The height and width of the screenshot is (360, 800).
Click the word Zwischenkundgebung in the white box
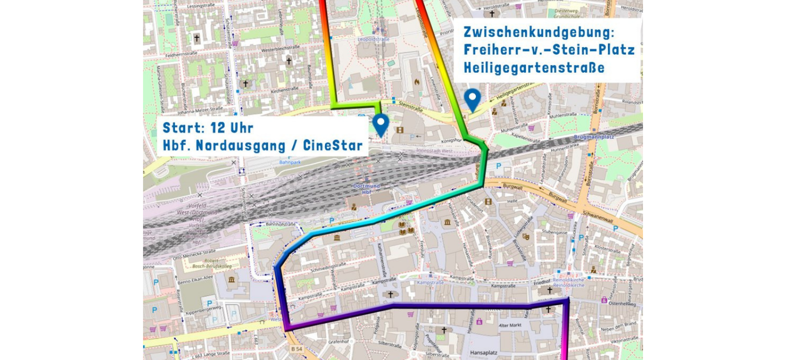coord(538,32)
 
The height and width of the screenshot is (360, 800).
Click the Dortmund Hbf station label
coord(366,188)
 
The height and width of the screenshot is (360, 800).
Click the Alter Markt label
coord(510,325)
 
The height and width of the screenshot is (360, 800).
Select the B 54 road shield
coord(296,348)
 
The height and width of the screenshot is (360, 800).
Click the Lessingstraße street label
coord(202,7)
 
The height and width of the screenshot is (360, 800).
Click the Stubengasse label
coord(554,232)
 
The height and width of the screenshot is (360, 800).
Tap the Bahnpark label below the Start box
coord(290,162)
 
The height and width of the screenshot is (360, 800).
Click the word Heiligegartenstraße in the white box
coord(533,67)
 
